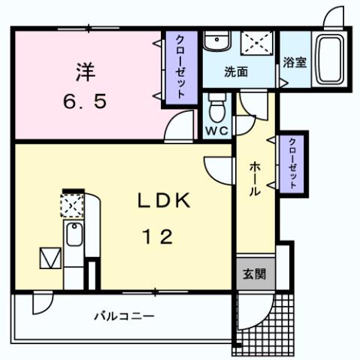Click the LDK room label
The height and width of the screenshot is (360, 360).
[x=166, y=201]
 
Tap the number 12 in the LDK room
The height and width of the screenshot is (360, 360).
[x=158, y=237]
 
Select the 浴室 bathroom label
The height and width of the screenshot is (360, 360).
[x=294, y=63]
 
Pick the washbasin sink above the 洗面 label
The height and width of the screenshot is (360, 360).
[x=219, y=41]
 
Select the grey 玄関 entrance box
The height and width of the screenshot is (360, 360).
[x=253, y=275]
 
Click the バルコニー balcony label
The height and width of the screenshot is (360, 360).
[x=124, y=316]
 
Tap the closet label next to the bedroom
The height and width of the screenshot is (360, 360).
[x=181, y=66]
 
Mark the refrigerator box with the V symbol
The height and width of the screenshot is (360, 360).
[x=49, y=258]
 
